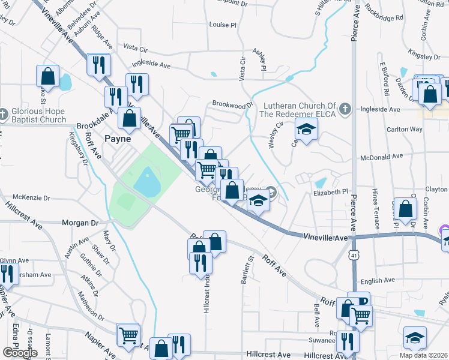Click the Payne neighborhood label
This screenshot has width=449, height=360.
click(x=118, y=139)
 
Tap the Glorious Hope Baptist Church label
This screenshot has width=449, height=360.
click(x=37, y=115)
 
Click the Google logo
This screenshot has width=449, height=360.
click(x=20, y=353)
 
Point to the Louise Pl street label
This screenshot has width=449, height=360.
click(x=223, y=25)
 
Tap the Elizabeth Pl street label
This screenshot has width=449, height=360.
click(x=330, y=193)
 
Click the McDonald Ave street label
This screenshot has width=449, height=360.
click(x=381, y=157)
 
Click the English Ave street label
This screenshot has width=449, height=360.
click(x=377, y=280)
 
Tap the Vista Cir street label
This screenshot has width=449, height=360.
click(x=243, y=68)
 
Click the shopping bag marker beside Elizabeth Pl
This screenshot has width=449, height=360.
click(x=406, y=209)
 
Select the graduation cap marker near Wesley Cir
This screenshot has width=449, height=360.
click(x=306, y=129)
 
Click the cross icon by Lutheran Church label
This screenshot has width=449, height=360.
click(x=344, y=109)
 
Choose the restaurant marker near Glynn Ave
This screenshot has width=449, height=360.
click(x=7, y=274)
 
